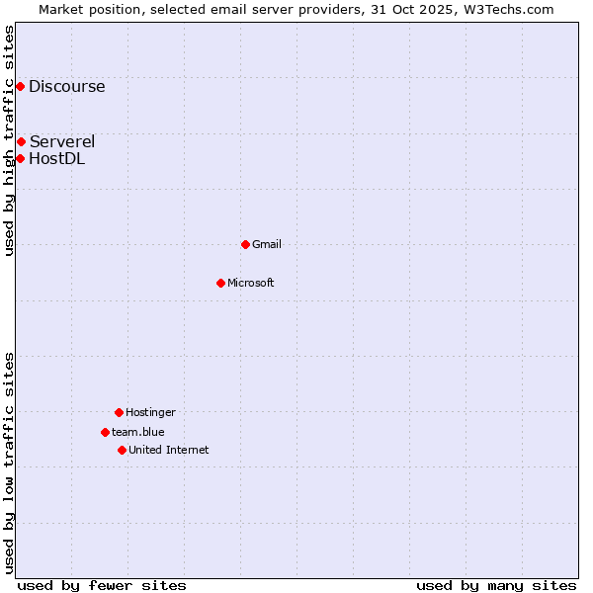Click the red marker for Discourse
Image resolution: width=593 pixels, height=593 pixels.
20,86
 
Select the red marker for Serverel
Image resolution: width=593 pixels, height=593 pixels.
21,141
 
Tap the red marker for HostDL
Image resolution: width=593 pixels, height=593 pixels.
20,158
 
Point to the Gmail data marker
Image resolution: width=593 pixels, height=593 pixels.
245,244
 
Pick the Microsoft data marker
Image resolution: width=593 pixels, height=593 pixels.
220,283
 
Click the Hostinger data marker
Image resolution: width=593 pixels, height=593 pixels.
119,412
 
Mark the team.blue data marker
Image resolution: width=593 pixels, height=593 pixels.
105,432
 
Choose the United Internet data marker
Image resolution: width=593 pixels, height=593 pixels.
122,450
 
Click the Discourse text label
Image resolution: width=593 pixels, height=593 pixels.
66,86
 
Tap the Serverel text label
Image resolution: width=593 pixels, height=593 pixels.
62,141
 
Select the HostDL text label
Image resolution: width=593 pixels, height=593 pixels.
56,158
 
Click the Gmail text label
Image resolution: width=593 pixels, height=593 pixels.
267,244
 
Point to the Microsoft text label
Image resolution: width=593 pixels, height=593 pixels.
251,283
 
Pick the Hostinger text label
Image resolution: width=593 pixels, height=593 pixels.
150,412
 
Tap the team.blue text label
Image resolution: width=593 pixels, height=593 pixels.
138,432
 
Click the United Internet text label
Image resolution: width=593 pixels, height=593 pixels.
169,450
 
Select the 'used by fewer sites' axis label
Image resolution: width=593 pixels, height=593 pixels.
102,585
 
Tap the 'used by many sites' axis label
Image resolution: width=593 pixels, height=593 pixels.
496,585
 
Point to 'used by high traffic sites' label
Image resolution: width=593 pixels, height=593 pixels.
9,140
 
